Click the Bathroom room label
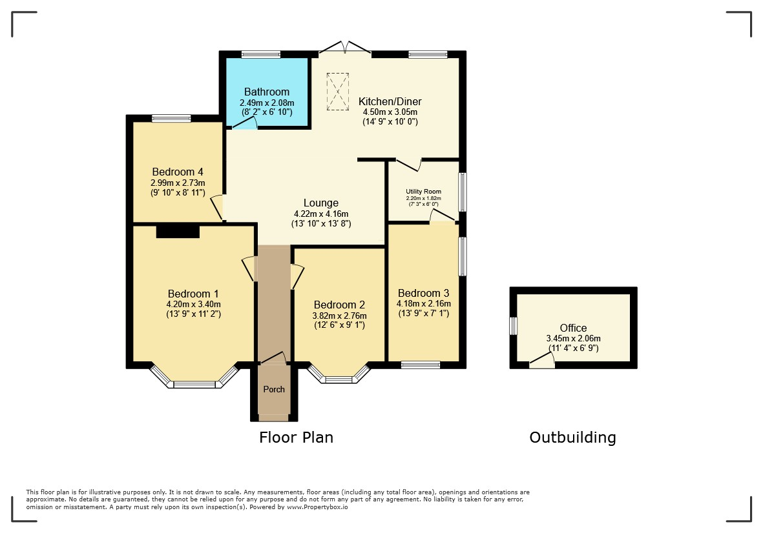[x=267, y=92]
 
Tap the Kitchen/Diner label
[x=390, y=101]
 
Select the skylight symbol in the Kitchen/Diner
[x=338, y=92]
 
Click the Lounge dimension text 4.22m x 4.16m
[x=321, y=214]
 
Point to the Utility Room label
[x=423, y=192]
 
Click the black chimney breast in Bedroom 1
[x=178, y=231]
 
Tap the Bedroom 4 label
[x=178, y=172]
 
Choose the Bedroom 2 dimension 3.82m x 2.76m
[x=340, y=316]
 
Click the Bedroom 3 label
[x=423, y=293]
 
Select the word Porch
[x=274, y=389]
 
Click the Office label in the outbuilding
[x=573, y=328]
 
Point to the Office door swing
[x=542, y=360]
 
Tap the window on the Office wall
[x=513, y=326]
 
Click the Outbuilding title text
[x=573, y=437]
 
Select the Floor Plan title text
[x=296, y=437]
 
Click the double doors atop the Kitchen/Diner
[x=345, y=47]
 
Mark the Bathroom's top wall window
[x=261, y=54]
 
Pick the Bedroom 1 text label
[x=193, y=294]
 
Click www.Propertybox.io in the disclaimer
[x=317, y=507]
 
